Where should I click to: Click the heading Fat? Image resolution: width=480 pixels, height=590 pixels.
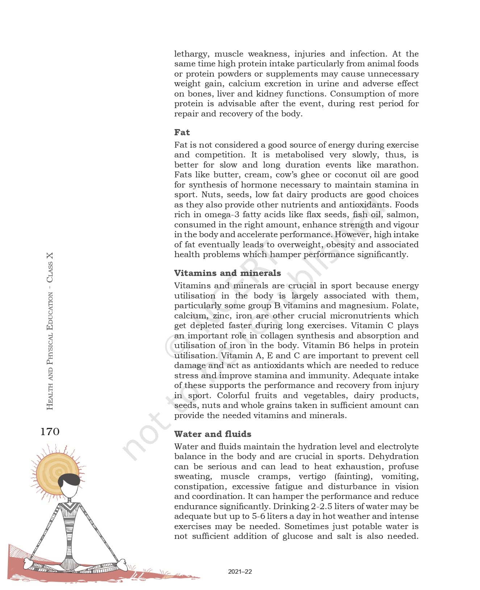pyautogui.click(x=182, y=132)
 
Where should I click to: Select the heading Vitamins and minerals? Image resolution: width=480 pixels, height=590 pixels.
pyautogui.click(x=227, y=273)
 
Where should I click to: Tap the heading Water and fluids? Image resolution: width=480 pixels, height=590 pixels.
pyautogui.click(x=213, y=434)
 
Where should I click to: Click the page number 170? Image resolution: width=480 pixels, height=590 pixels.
pyautogui.click(x=50, y=432)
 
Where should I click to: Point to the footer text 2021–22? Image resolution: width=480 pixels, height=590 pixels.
pyautogui.click(x=240, y=572)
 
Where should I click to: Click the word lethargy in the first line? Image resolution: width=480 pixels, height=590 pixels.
pyautogui.click(x=191, y=54)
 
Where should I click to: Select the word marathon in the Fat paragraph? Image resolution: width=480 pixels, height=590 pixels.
pyautogui.click(x=397, y=165)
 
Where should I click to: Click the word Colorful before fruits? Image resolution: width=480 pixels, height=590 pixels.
pyautogui.click(x=233, y=396)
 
